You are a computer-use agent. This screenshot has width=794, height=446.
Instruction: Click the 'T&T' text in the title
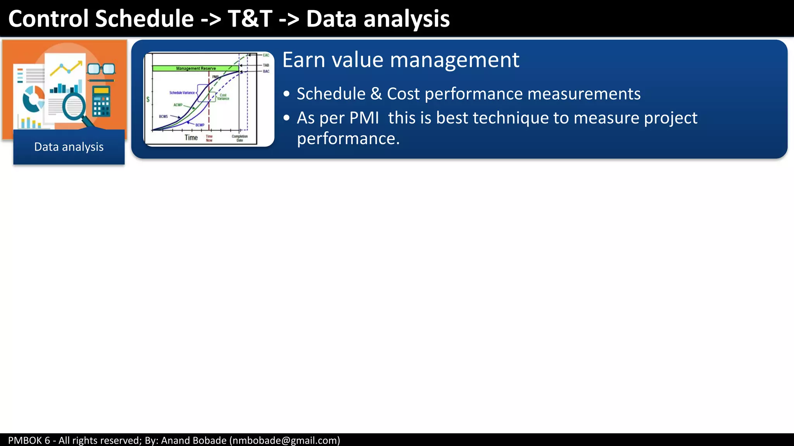pyautogui.click(x=250, y=19)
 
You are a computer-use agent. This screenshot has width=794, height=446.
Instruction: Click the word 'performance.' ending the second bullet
pyautogui.click(x=348, y=139)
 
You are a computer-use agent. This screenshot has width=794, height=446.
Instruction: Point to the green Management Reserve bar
pyautogui.click(x=195, y=69)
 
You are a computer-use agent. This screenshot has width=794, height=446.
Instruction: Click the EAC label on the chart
pyautogui.click(x=266, y=55)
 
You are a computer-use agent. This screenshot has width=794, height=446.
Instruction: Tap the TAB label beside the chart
pyautogui.click(x=266, y=65)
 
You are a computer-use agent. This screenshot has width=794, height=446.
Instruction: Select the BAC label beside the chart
pyautogui.click(x=266, y=72)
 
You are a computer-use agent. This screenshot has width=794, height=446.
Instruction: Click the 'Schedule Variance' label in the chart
pyautogui.click(x=182, y=93)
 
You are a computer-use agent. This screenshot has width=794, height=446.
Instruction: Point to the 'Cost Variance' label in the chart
pyautogui.click(x=223, y=97)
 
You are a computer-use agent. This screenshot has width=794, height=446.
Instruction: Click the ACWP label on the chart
pyautogui.click(x=178, y=105)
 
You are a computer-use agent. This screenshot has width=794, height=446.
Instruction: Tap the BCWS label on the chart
pyautogui.click(x=163, y=117)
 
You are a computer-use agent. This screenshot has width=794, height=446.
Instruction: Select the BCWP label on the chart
pyautogui.click(x=200, y=125)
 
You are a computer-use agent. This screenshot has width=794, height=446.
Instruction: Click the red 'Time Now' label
pyautogui.click(x=209, y=138)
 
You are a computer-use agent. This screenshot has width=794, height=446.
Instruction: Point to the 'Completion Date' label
pyautogui.click(x=240, y=138)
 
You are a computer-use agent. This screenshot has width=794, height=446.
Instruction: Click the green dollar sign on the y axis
pyautogui.click(x=148, y=99)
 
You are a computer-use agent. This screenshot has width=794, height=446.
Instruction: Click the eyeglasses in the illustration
pyautogui.click(x=101, y=69)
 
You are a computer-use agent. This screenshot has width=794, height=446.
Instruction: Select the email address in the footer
pyautogui.click(x=285, y=440)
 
